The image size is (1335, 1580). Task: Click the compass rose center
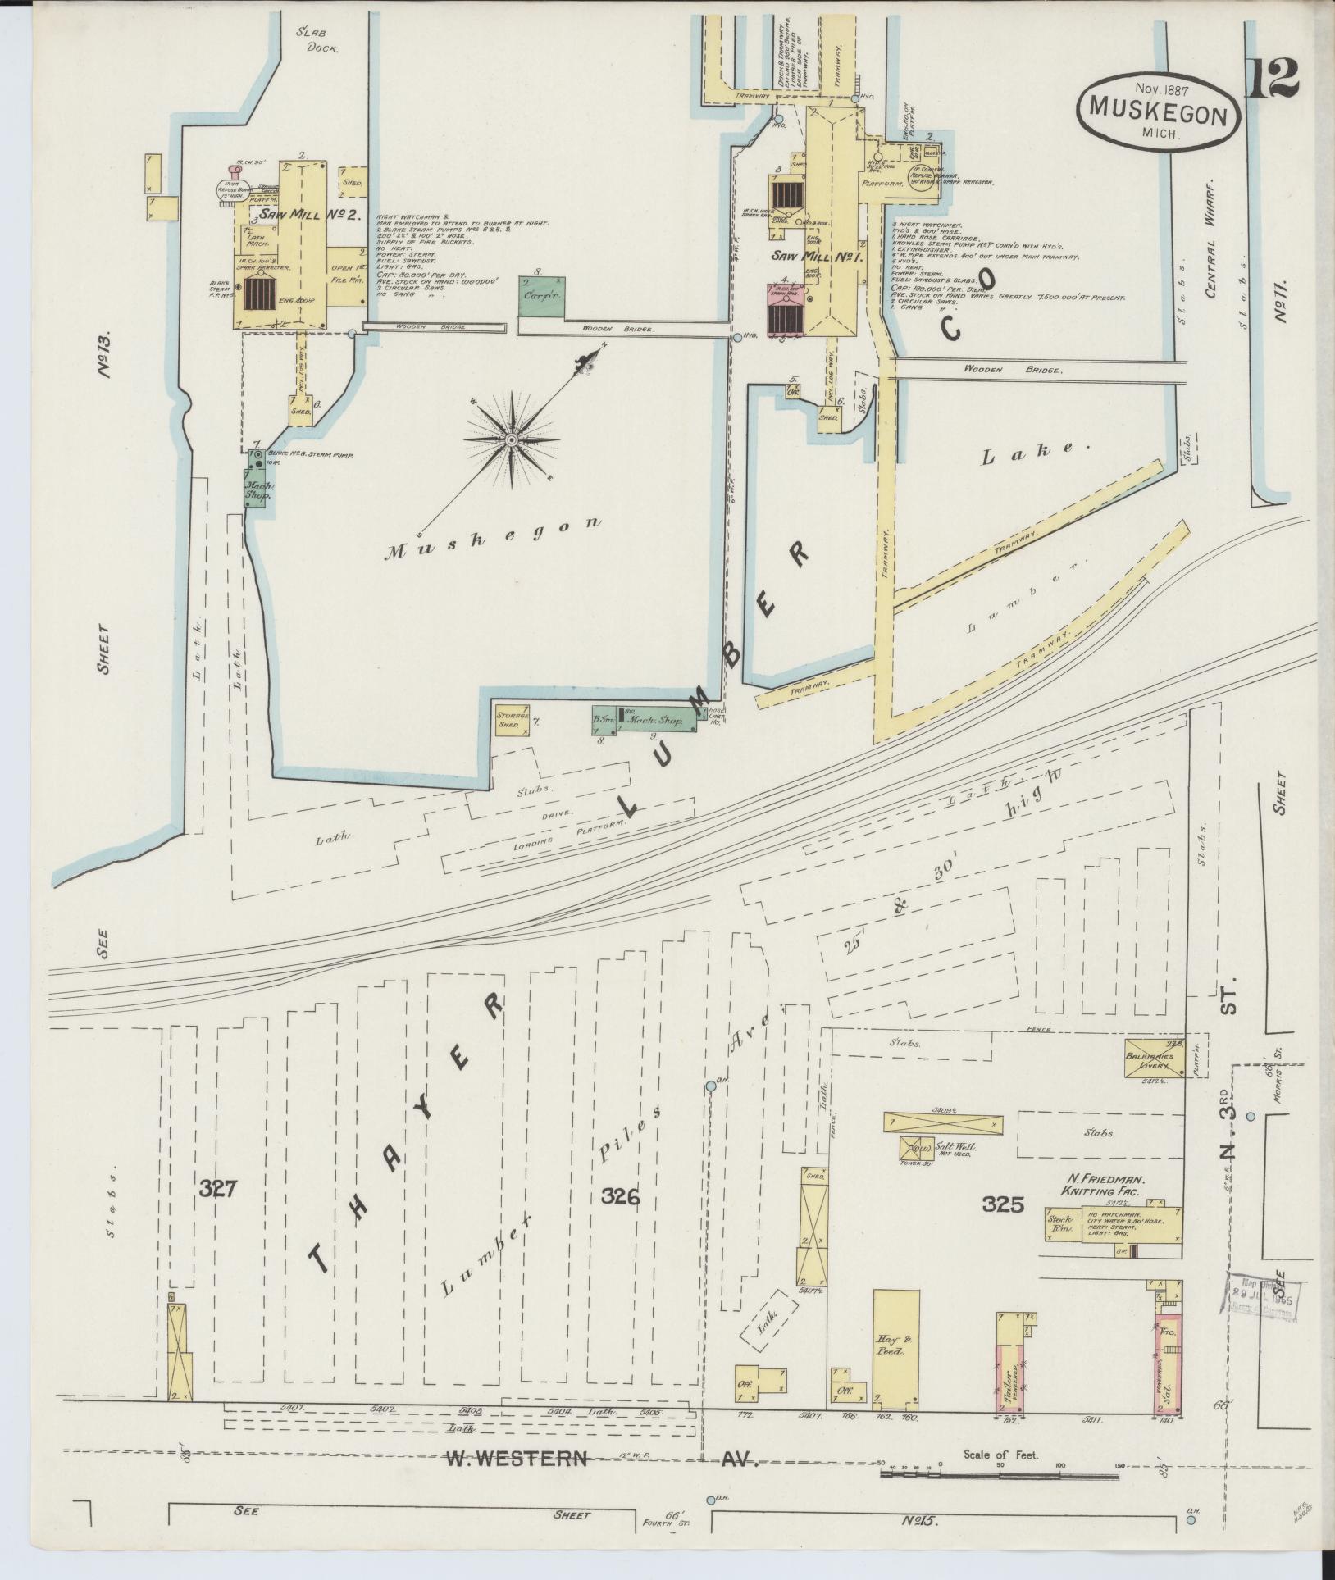tap(511, 440)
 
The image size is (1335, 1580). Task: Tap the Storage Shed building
tap(512, 719)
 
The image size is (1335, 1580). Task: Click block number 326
tap(619, 1196)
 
